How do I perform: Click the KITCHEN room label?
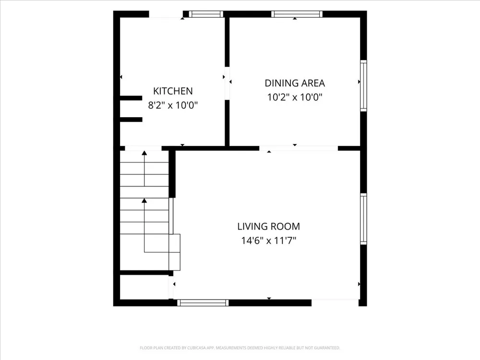(x=173, y=91)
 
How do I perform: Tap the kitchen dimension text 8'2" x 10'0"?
(x=173, y=105)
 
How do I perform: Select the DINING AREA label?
(x=295, y=83)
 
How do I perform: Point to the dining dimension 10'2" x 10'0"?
(x=295, y=97)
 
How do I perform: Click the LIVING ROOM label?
(x=268, y=226)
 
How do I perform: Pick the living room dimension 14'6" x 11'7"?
(x=268, y=240)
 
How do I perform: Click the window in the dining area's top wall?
(x=297, y=14)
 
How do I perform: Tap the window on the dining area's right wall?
(x=363, y=85)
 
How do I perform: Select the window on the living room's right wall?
(x=363, y=219)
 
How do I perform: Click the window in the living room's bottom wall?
(x=203, y=303)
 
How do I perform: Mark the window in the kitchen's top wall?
(x=206, y=14)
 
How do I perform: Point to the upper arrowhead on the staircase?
(x=144, y=153)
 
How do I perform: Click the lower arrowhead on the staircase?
(x=144, y=200)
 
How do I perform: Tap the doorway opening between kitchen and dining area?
(x=227, y=83)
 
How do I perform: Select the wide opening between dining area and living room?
(x=299, y=148)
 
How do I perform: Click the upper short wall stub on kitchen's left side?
(x=131, y=98)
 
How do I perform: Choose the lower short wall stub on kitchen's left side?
(x=131, y=120)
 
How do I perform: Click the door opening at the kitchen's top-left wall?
(x=166, y=14)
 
